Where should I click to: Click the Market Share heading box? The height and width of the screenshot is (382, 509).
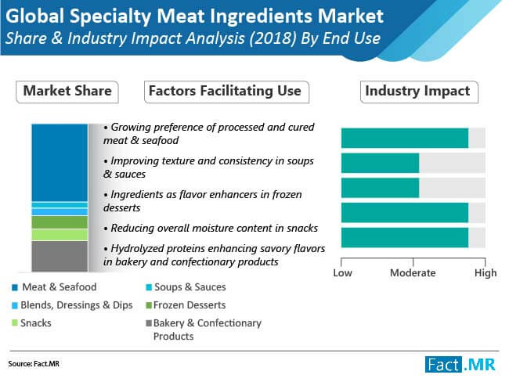(x=67, y=92)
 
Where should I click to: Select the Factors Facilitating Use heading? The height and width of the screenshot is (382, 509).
(x=226, y=92)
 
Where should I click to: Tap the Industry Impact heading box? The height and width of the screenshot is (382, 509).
(x=419, y=92)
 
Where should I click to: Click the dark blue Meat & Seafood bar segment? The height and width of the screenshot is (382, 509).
(x=60, y=163)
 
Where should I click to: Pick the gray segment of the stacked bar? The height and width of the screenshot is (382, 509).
(x=60, y=256)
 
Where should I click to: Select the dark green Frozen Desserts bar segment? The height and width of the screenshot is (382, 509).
(x=60, y=222)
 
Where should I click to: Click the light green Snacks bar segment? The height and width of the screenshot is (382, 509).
(x=60, y=235)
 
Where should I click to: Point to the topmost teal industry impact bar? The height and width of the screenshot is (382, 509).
(x=405, y=139)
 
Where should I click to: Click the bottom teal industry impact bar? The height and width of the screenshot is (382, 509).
(x=405, y=237)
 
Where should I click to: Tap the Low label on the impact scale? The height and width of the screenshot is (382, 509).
(x=342, y=273)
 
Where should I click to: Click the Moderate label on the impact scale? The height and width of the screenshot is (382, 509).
(x=413, y=273)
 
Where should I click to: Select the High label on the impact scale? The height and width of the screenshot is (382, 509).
(x=486, y=273)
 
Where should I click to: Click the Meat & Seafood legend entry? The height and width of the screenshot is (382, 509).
(x=54, y=287)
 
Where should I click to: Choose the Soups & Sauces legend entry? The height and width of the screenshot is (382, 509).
(x=186, y=287)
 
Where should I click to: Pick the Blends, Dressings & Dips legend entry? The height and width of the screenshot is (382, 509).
(x=72, y=305)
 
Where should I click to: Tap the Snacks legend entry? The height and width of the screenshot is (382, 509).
(x=31, y=323)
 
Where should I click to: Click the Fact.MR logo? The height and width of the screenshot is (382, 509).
(x=460, y=365)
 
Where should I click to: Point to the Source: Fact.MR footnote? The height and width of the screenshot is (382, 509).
(x=34, y=364)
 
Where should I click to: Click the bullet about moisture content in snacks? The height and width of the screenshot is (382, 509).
(x=211, y=228)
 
